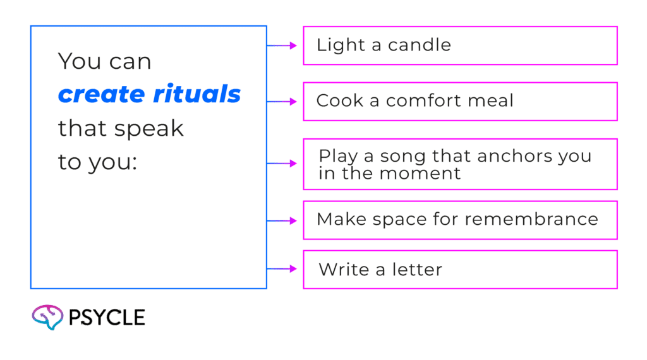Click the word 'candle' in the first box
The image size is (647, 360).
click(x=420, y=45)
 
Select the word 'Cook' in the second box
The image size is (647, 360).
click(x=339, y=100)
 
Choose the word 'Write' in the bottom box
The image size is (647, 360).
click(x=344, y=270)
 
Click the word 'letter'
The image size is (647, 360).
click(x=417, y=270)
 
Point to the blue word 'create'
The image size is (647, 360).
click(x=102, y=95)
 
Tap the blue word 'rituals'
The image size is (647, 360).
click(x=197, y=93)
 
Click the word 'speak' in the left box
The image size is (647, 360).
click(x=149, y=129)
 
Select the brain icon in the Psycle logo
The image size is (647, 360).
click(x=47, y=317)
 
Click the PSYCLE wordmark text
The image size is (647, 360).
click(x=107, y=318)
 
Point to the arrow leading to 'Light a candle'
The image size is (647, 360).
click(x=282, y=45)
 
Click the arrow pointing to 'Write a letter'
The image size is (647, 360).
click(x=282, y=269)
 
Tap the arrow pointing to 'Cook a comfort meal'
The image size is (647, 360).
click(x=282, y=102)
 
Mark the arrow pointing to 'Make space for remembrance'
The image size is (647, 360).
click(x=282, y=221)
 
